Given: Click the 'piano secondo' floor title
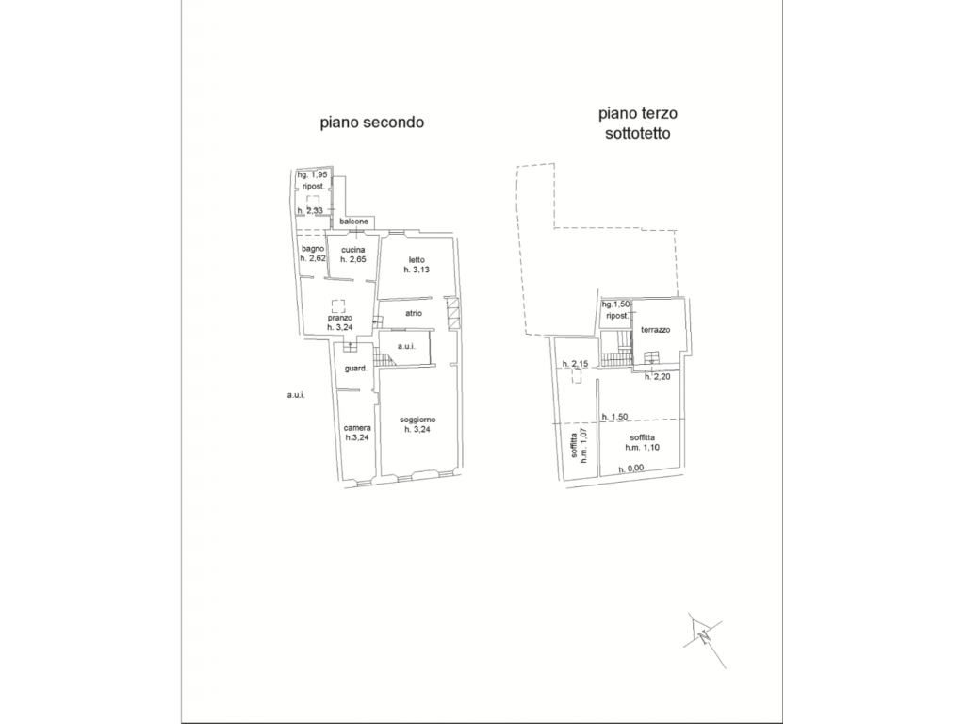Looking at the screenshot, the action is [x=371, y=123].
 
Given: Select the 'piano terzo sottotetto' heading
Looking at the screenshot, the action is [x=638, y=123].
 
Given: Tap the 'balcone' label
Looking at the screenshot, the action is [x=354, y=221].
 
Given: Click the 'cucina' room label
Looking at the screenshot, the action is [x=353, y=250].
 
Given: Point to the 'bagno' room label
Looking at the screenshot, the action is [x=313, y=249].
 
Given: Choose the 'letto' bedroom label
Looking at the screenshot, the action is [x=417, y=260].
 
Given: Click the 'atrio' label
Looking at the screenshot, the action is [x=414, y=313].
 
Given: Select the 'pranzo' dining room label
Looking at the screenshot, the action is [x=339, y=318].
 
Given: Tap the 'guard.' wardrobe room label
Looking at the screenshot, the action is [x=355, y=369].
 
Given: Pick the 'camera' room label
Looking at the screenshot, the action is [x=357, y=428].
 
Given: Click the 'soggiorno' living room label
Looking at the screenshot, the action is [x=417, y=420].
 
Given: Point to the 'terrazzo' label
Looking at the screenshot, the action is [x=656, y=330].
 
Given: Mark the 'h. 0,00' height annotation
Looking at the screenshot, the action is [x=630, y=469].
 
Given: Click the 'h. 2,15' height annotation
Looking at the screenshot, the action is [x=576, y=364].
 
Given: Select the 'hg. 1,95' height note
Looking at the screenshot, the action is [x=313, y=174].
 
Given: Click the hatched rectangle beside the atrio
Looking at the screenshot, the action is [x=452, y=313].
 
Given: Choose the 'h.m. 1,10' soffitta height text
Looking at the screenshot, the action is [x=642, y=448].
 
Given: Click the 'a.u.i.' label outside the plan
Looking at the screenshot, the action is [x=296, y=395].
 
